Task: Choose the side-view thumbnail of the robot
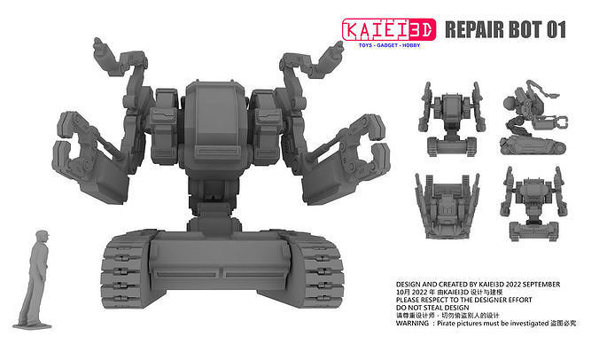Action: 533,122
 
